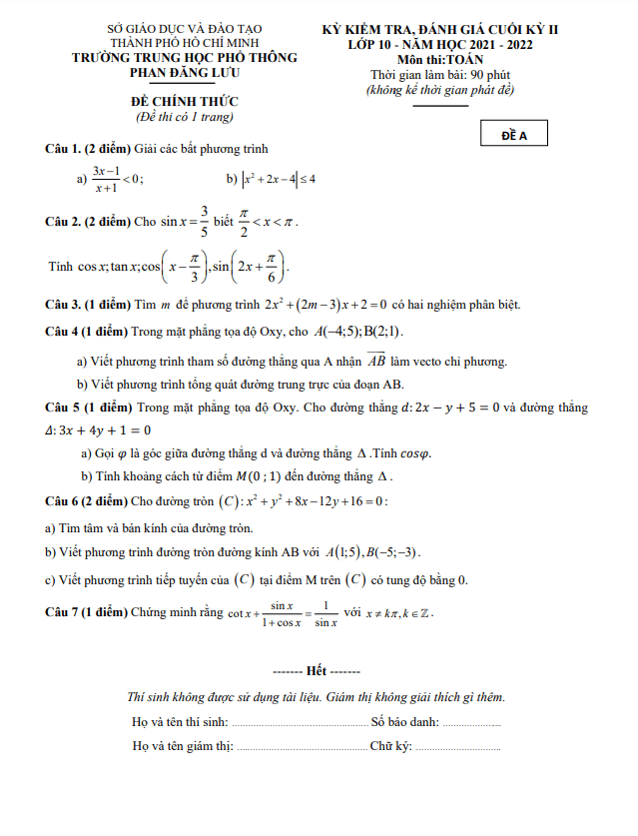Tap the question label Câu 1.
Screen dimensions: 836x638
pyautogui.click(x=63, y=149)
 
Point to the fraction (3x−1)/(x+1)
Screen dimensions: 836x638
pyautogui.click(x=106, y=179)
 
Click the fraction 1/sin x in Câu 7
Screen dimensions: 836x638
pyautogui.click(x=325, y=613)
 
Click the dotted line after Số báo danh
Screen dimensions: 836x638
pyautogui.click(x=471, y=722)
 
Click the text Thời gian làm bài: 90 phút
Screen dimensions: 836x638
pyautogui.click(x=440, y=75)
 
